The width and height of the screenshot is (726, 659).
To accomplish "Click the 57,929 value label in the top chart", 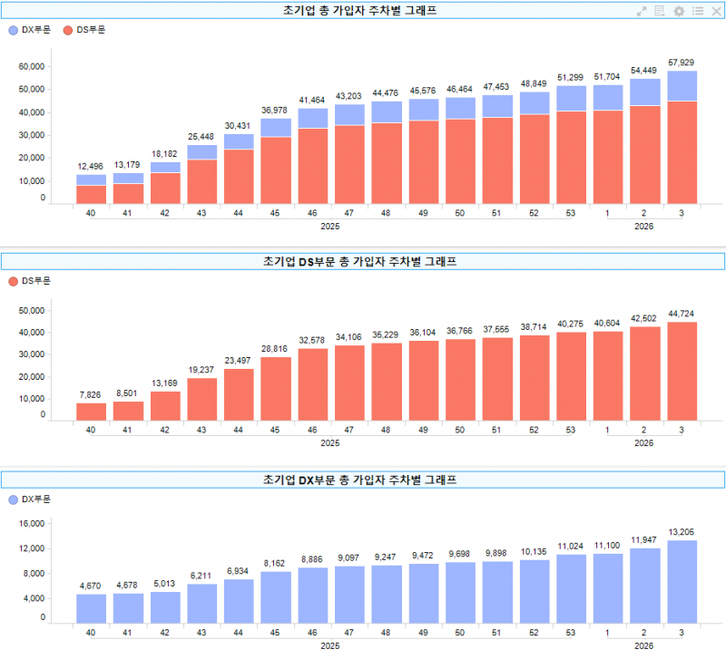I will (681, 62).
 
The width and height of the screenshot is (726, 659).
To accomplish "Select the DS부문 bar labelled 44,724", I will (681, 372).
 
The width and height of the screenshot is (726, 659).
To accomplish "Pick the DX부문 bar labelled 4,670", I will (91, 608).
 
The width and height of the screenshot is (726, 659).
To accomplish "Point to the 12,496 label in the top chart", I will (91, 166).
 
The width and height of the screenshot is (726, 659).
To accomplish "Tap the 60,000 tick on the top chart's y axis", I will (31, 67).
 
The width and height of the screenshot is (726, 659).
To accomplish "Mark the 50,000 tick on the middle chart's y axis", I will (31, 310).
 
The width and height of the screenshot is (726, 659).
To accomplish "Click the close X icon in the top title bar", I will (716, 11).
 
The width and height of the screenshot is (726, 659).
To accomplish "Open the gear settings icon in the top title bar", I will (679, 11).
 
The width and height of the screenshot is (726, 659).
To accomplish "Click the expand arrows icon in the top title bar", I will (642, 11).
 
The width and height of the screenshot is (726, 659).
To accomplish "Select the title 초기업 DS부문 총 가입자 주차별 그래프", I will (363, 262).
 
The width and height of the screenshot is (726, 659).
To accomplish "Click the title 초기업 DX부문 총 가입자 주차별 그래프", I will (363, 479).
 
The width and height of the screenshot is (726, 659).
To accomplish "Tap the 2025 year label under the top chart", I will (330, 226).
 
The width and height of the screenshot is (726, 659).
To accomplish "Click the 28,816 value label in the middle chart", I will (276, 348).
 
